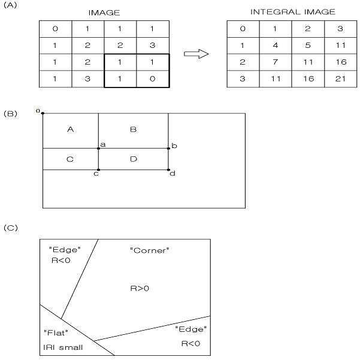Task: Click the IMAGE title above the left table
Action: pyautogui.click(x=104, y=13)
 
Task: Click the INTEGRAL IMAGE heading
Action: pyautogui.click(x=293, y=12)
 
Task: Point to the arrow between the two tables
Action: pyautogui.click(x=196, y=54)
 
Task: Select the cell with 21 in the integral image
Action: pyautogui.click(x=340, y=79)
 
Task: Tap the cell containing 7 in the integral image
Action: pyautogui.click(x=276, y=62)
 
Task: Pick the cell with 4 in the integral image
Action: pyautogui.click(x=276, y=46)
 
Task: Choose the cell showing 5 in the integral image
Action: pyautogui.click(x=308, y=46)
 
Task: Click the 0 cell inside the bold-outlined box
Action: pyautogui.click(x=153, y=79)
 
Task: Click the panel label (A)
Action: pyautogui.click(x=10, y=5)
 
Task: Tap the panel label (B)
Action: pyautogui.click(x=10, y=114)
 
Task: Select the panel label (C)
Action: pyautogui.click(x=11, y=228)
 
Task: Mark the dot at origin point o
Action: pyautogui.click(x=43, y=113)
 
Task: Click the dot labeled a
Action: pyautogui.click(x=98, y=149)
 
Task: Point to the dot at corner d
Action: pyautogui.click(x=168, y=170)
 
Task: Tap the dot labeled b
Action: pyautogui.click(x=168, y=149)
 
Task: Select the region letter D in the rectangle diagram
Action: pyautogui.click(x=134, y=159)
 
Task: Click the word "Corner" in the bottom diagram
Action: pyautogui.click(x=150, y=250)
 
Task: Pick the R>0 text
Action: pyautogui.click(x=140, y=288)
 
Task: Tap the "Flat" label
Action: pyautogui.click(x=56, y=332)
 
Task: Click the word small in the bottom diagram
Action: pyautogui.click(x=71, y=347)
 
